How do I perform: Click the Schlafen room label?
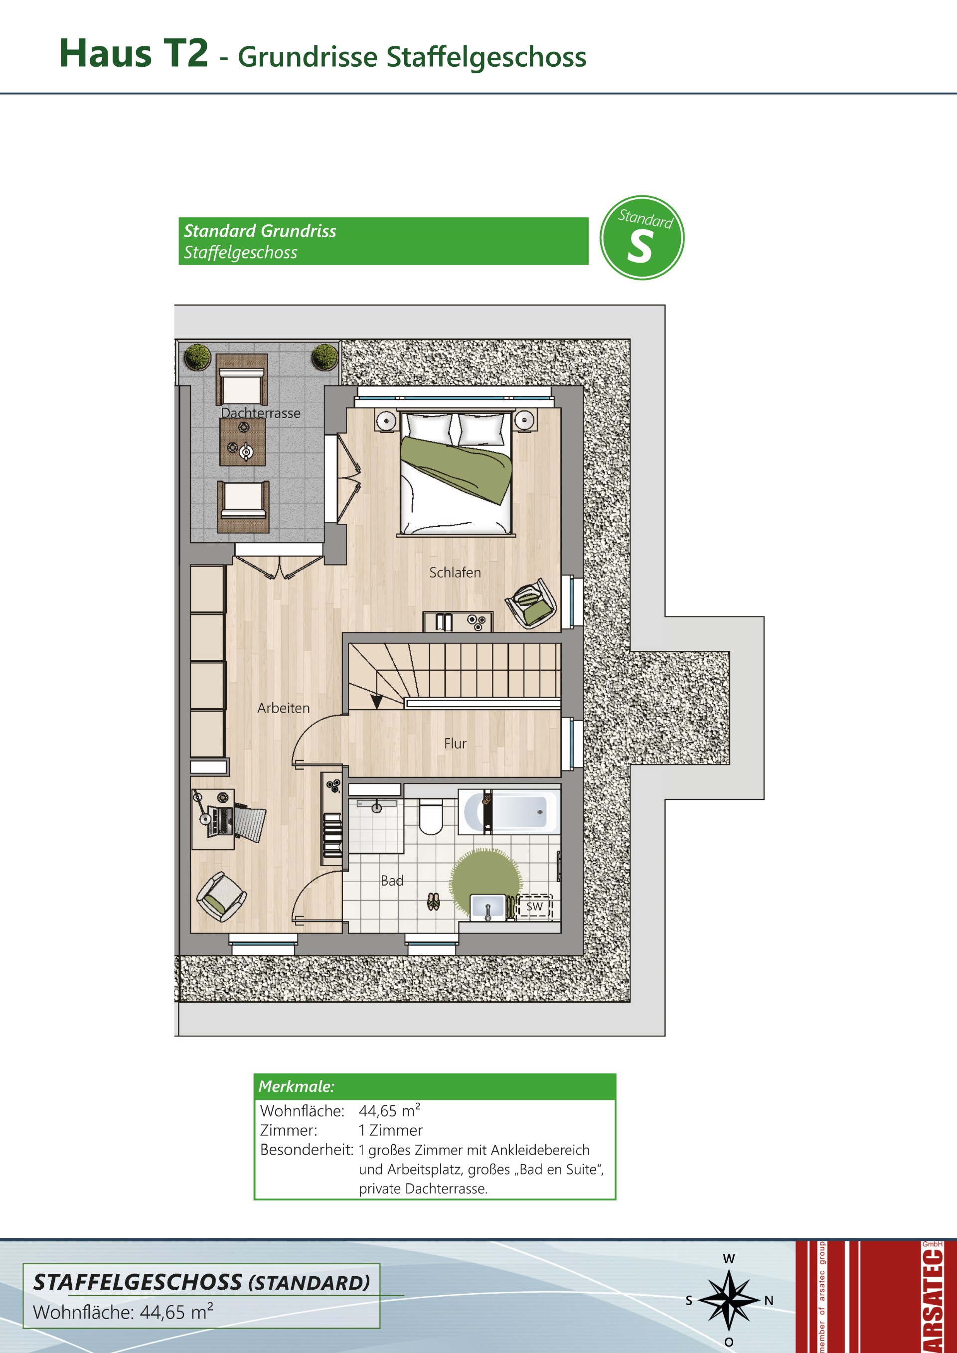(455, 572)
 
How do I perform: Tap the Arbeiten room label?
(284, 708)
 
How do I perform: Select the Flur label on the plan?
(456, 744)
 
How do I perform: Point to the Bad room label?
(392, 881)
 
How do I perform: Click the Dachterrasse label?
(261, 413)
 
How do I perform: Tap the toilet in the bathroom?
(431, 816)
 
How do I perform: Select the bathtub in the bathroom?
(509, 811)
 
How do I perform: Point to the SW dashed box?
(534, 906)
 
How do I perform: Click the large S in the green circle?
(640, 246)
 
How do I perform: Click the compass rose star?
(729, 1299)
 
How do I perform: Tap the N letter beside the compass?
(769, 1301)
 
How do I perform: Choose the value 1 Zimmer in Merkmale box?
(391, 1130)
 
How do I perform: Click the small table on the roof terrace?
(242, 442)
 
